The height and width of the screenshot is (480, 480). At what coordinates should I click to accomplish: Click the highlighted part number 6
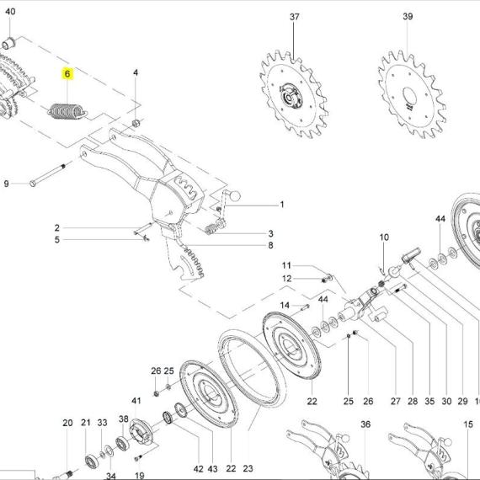coord(67,74)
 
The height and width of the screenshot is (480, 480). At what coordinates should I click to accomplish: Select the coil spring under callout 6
coord(67,111)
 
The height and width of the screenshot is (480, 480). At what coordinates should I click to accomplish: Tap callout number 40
coord(10,12)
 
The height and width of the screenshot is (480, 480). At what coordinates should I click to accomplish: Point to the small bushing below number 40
coord(9,43)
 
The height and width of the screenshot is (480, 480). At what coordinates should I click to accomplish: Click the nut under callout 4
coord(136,123)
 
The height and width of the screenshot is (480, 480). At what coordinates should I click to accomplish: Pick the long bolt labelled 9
coord(47,175)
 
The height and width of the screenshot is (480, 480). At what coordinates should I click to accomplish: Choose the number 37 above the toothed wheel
coord(294,17)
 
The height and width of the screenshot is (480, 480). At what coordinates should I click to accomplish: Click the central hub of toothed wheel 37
coord(290,96)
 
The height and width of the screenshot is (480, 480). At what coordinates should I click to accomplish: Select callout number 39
coord(408,16)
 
